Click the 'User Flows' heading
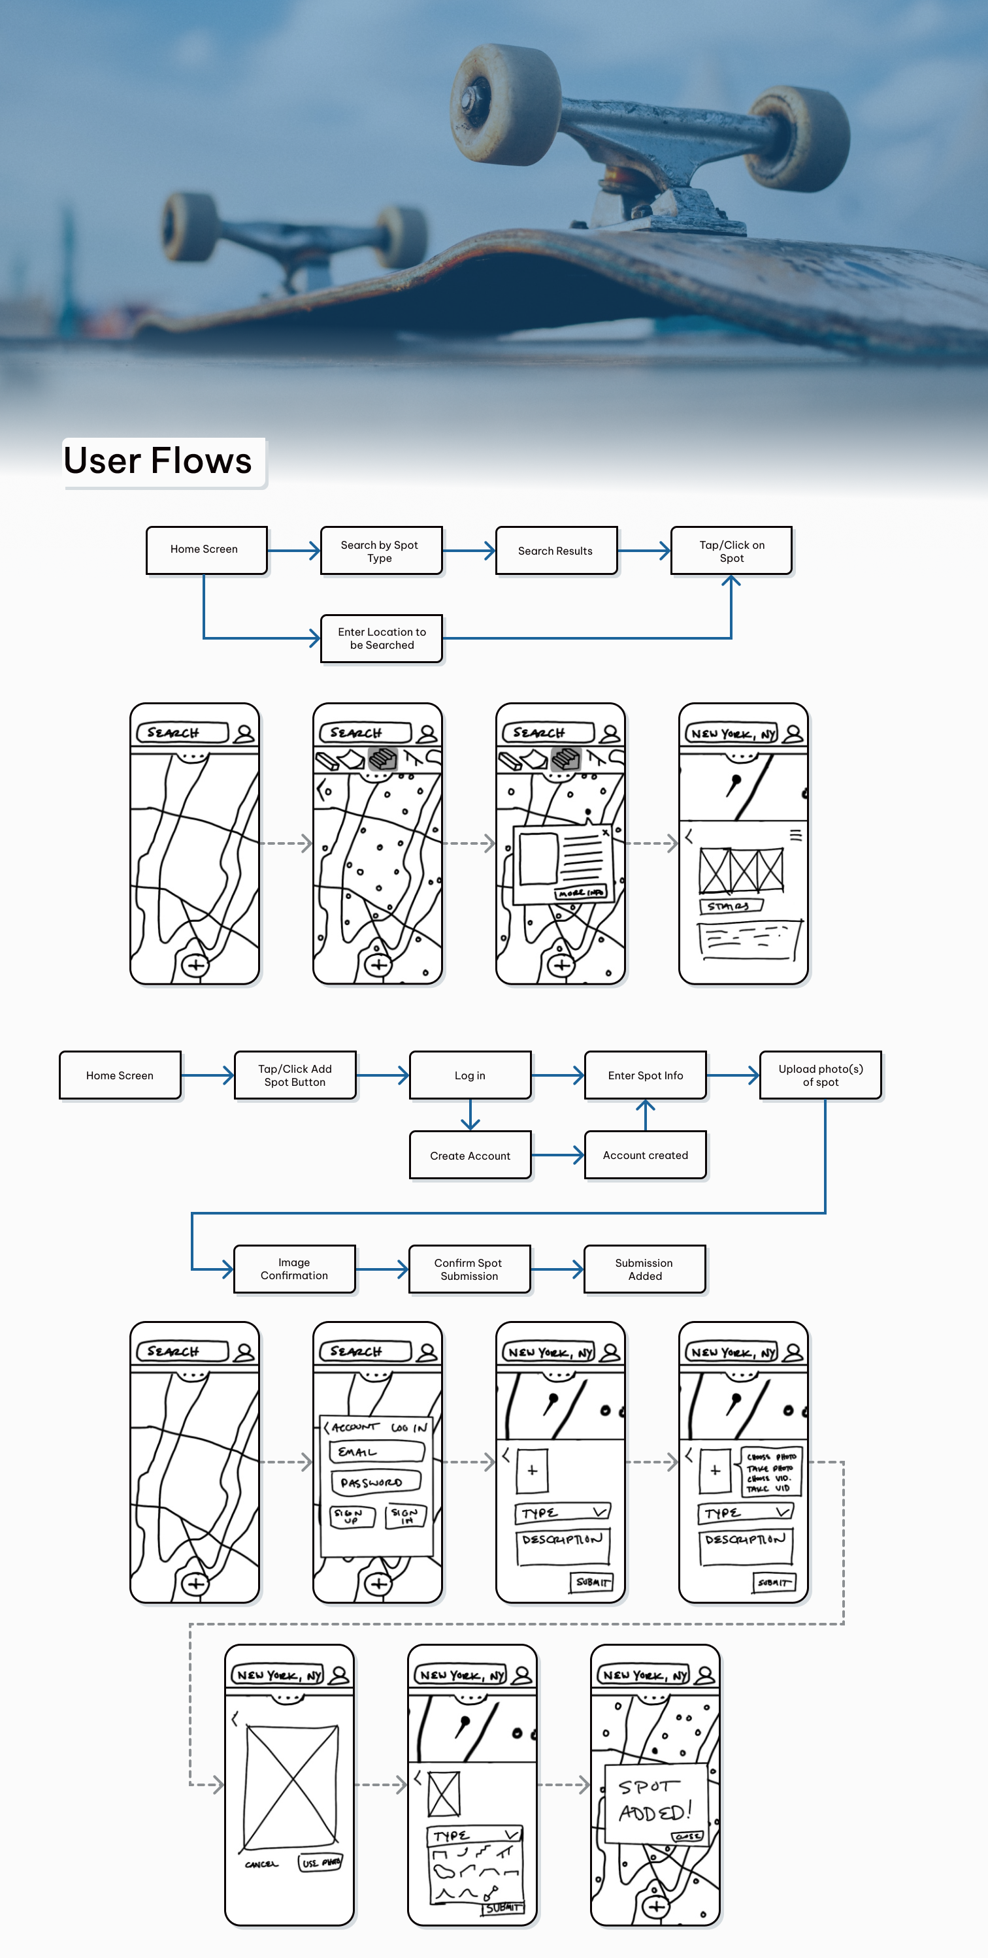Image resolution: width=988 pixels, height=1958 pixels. pyautogui.click(x=158, y=461)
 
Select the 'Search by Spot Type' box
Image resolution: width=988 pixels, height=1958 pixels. pyautogui.click(x=380, y=551)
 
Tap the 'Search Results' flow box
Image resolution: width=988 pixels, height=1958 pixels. pyautogui.click(x=555, y=551)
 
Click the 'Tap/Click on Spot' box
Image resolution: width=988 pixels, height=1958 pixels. pyautogui.click(x=731, y=551)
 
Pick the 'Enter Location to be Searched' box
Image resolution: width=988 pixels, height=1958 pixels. pyautogui.click(x=382, y=638)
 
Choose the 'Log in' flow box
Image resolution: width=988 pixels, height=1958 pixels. pyautogui.click(x=470, y=1075)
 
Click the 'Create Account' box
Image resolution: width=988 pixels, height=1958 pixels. pyautogui.click(x=470, y=1155)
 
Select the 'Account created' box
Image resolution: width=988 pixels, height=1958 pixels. pyautogui.click(x=645, y=1155)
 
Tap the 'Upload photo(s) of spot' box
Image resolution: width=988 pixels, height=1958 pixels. pyautogui.click(x=820, y=1075)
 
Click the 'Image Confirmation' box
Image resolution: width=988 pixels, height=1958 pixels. pyautogui.click(x=294, y=1269)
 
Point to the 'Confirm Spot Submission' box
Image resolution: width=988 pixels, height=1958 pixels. pyautogui.click(x=469, y=1269)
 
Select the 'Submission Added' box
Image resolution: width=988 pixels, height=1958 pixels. pyautogui.click(x=644, y=1269)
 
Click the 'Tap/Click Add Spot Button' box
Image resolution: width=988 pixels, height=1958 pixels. pyautogui.click(x=295, y=1075)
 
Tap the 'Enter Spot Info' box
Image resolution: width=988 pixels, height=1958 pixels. pyautogui.click(x=645, y=1075)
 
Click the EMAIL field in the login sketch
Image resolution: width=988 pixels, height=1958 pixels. pyautogui.click(x=377, y=1452)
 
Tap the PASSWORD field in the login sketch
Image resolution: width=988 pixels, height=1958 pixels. pyautogui.click(x=376, y=1482)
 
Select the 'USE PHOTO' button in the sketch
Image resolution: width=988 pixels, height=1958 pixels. pyautogui.click(x=321, y=1862)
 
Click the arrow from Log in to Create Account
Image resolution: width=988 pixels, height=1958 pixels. pyautogui.click(x=470, y=1115)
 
